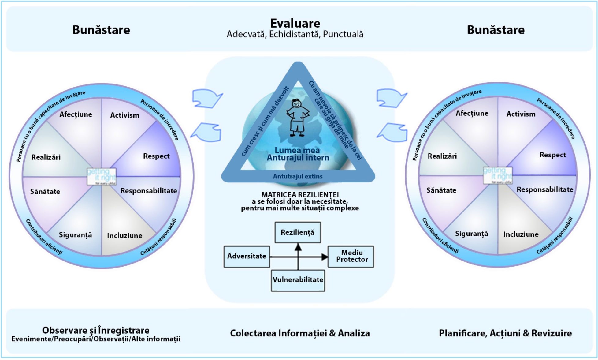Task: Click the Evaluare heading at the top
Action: (295, 24)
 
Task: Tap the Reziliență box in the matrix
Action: (298, 233)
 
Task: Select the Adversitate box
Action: (247, 257)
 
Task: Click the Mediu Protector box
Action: (351, 257)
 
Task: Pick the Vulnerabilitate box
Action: (298, 280)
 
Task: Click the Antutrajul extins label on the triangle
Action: (298, 176)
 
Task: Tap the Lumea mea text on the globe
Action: (297, 150)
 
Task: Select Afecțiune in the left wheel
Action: (76, 114)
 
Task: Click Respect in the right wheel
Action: (552, 155)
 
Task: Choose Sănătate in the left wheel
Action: (45, 192)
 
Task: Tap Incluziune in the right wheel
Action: (521, 234)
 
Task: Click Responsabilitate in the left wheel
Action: (148, 191)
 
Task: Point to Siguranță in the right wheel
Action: (471, 234)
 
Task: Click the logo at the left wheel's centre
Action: (102, 176)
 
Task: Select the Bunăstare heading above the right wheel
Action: (496, 30)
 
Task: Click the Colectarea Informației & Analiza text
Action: (300, 333)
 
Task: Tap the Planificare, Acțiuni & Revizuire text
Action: (505, 333)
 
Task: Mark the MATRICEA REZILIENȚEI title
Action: (300, 195)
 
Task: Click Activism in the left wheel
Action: (124, 115)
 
